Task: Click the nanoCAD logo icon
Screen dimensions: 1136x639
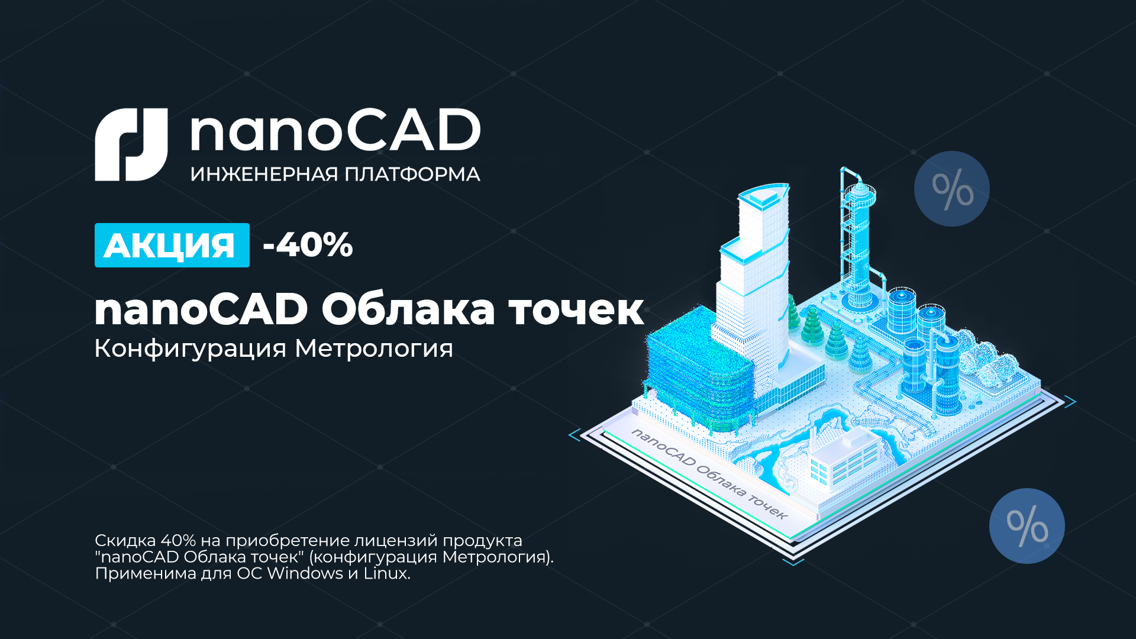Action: coord(131,144)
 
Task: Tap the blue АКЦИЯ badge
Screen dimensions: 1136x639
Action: coord(172,245)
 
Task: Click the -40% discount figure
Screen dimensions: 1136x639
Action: coord(308,244)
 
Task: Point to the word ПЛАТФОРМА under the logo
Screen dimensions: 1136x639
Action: coord(412,175)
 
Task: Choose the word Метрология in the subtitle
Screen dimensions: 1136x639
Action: coord(374,349)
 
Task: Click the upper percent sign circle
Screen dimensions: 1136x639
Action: coord(952,189)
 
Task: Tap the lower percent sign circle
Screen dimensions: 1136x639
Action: coord(1027,526)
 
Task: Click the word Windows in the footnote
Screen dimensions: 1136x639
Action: coord(305,573)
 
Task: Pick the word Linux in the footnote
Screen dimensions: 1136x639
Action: coord(386,573)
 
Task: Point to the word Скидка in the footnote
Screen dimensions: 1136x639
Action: coord(125,541)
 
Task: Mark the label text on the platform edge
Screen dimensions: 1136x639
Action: coord(709,474)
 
